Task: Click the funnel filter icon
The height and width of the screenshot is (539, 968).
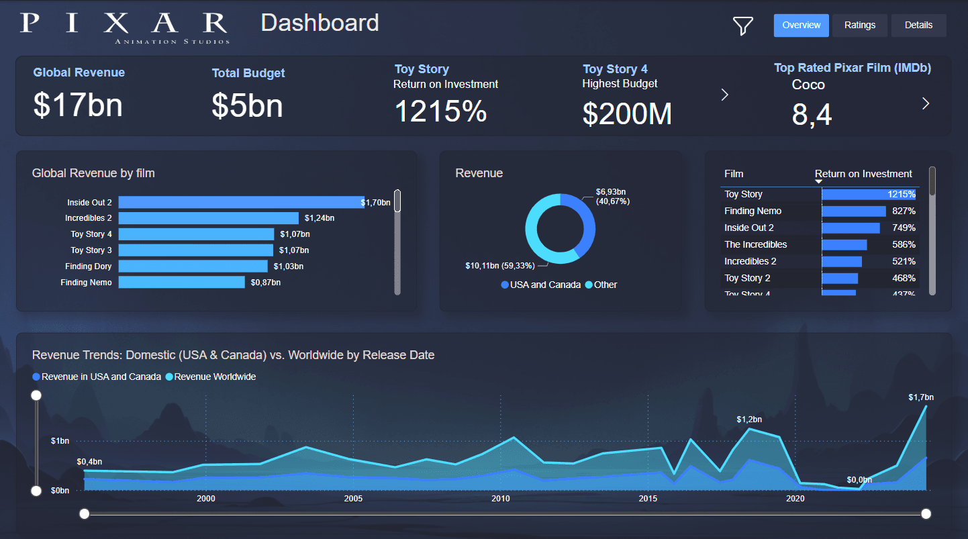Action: [742, 26]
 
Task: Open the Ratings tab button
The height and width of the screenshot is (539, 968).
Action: [859, 26]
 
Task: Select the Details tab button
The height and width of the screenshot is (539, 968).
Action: [918, 26]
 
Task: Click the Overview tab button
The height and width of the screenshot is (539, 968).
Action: [801, 26]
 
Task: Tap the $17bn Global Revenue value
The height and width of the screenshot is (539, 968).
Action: [78, 105]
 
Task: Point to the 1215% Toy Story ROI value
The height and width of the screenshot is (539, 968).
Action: [440, 111]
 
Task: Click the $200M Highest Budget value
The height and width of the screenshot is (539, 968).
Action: [626, 113]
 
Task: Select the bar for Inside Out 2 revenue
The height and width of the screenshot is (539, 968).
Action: [241, 202]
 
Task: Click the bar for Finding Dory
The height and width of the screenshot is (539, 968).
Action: [193, 266]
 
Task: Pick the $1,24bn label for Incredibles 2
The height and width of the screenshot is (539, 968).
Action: [319, 218]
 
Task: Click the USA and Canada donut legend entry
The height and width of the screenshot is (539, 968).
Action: [540, 285]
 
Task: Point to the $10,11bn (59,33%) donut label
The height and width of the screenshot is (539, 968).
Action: [499, 266]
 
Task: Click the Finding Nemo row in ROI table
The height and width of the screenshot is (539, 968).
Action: [753, 211]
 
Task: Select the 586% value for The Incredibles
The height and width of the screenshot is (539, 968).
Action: [904, 244]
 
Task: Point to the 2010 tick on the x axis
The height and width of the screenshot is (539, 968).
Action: [500, 499]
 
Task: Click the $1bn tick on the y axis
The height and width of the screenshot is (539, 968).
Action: [60, 441]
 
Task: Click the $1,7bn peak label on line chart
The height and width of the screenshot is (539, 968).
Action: [920, 397]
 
